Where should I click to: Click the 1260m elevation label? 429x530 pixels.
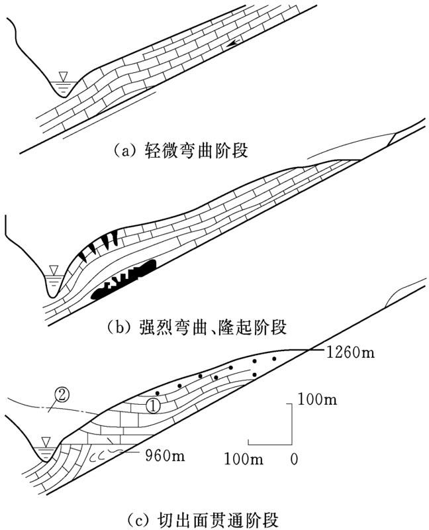[350, 352]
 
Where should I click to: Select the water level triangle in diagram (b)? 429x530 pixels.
[54, 269]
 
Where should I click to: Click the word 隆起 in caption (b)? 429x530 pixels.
[240, 327]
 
